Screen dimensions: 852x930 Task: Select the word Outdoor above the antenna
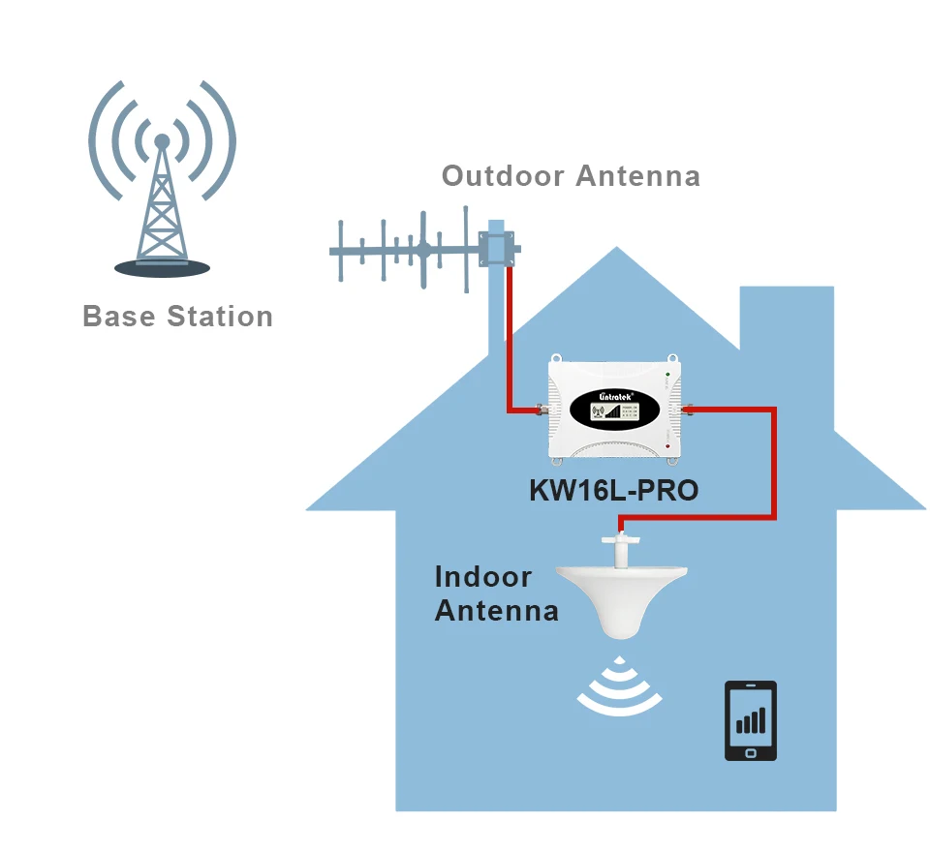click(503, 176)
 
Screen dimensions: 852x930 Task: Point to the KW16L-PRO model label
click(613, 491)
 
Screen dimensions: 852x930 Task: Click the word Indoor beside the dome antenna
click(483, 577)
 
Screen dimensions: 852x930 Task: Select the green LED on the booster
click(667, 375)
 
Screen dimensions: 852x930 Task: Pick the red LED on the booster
click(667, 445)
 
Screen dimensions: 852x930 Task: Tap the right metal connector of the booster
click(689, 410)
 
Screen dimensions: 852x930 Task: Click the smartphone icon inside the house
click(751, 721)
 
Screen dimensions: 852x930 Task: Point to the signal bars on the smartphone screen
click(751, 719)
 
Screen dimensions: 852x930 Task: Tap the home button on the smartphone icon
click(751, 751)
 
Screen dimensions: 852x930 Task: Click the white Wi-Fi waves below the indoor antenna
click(620, 690)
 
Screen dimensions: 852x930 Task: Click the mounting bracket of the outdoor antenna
click(502, 245)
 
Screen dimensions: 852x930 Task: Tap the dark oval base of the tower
click(162, 267)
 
